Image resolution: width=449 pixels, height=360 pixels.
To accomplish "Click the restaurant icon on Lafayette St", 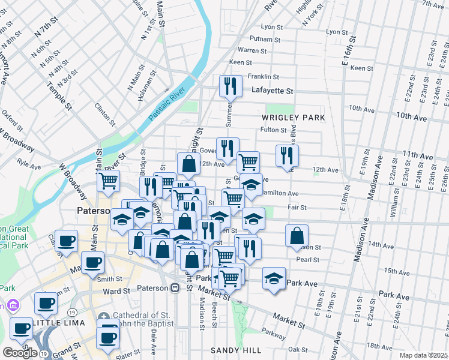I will [x=231, y=86].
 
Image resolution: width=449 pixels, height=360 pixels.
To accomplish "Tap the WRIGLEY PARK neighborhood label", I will [x=293, y=118].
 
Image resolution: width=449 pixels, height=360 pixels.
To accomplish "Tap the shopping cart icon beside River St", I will [x=109, y=181].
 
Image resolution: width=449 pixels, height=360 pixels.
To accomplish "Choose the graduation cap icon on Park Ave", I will [x=274, y=278].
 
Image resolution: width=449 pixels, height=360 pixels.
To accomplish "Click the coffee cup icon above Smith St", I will [x=93, y=263].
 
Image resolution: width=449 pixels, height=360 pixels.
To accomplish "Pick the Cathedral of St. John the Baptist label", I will [x=143, y=321].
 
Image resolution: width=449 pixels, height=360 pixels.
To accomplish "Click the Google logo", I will [x=19, y=353].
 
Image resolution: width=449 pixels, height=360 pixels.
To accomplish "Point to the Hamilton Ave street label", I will [x=280, y=194].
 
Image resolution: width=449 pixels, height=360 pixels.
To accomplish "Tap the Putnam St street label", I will [x=268, y=38].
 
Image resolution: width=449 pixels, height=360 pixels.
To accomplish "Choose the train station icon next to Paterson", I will [x=175, y=288].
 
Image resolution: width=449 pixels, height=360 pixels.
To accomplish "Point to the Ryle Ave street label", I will [x=28, y=162].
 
